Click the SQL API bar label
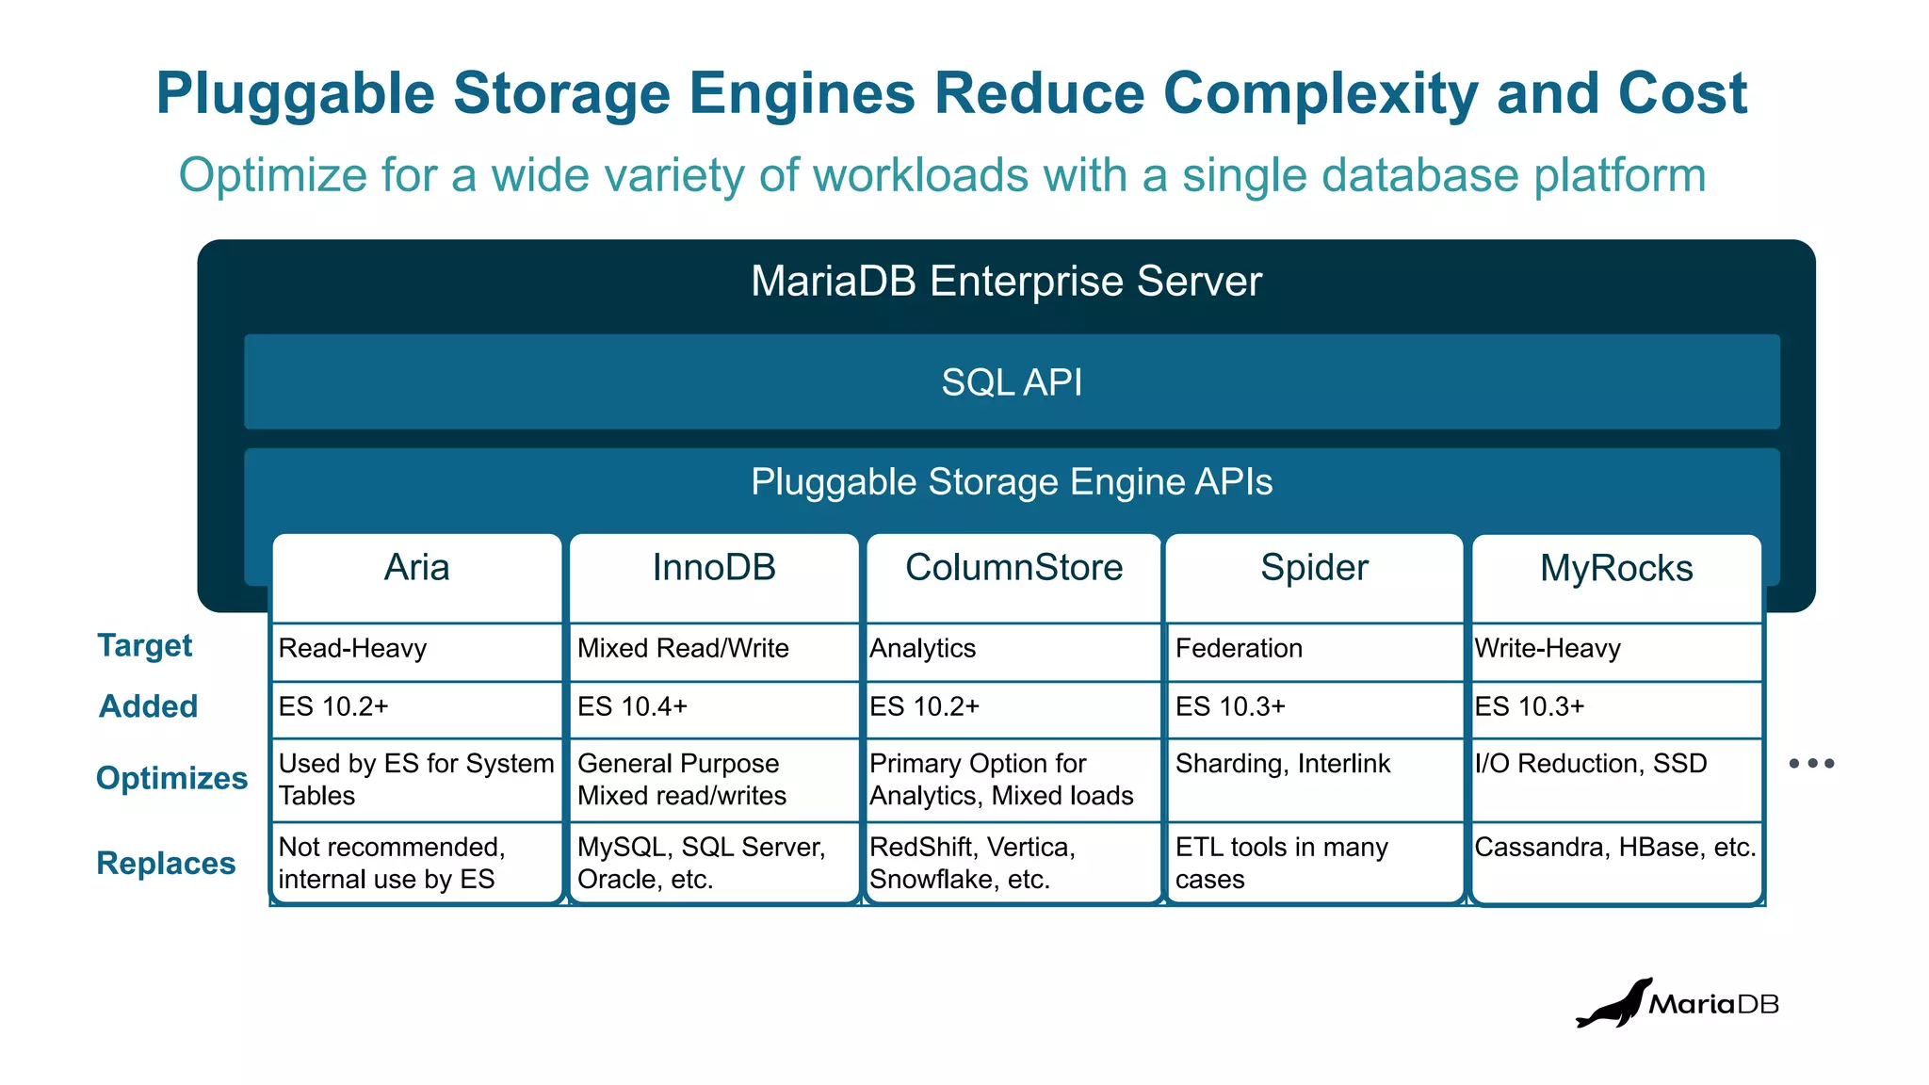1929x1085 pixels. (x=1012, y=382)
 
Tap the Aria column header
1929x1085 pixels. (x=416, y=568)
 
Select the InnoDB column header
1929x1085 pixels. (x=714, y=568)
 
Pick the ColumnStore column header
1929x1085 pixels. (x=1013, y=568)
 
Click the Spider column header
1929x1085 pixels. (x=1314, y=568)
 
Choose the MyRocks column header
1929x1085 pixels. (x=1616, y=569)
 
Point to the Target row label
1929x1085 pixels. (x=145, y=646)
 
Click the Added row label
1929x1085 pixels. (x=149, y=706)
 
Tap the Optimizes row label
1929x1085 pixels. (x=171, y=778)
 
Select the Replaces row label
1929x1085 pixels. (x=166, y=863)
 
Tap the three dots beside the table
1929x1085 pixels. (x=1811, y=764)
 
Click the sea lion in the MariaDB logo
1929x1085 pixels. (x=1613, y=1005)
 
